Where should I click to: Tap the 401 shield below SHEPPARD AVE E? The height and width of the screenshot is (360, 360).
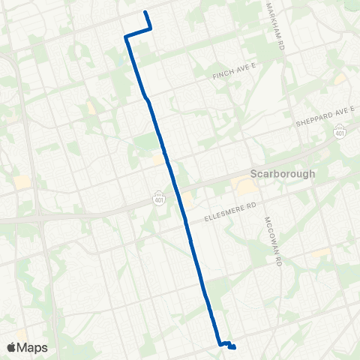(x=339, y=132)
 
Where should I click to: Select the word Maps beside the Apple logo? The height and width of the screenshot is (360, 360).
(x=34, y=347)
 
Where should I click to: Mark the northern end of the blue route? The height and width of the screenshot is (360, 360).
(x=145, y=13)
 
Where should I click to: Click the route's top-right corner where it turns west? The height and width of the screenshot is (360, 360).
(x=151, y=28)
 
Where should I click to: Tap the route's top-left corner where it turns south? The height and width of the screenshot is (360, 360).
(x=126, y=35)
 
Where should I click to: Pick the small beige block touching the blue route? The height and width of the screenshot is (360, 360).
(x=158, y=158)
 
